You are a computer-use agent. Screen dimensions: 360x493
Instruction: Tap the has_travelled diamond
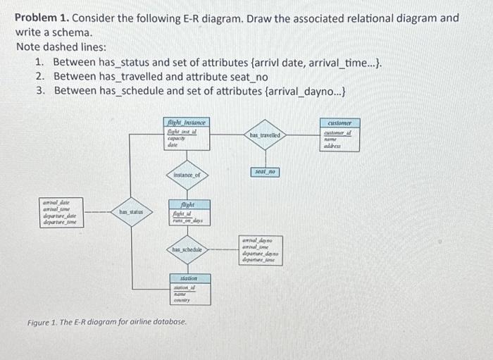pos(264,135)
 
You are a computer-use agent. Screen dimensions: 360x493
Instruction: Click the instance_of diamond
pos(187,173)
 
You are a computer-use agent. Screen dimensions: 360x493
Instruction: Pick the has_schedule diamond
pos(187,249)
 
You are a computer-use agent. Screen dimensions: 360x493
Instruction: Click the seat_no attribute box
pos(265,172)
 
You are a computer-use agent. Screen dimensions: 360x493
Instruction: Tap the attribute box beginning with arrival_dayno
pos(261,250)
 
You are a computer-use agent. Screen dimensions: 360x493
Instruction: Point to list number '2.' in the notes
pos(40,77)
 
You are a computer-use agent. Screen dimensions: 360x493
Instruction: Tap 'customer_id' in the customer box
pos(341,134)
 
